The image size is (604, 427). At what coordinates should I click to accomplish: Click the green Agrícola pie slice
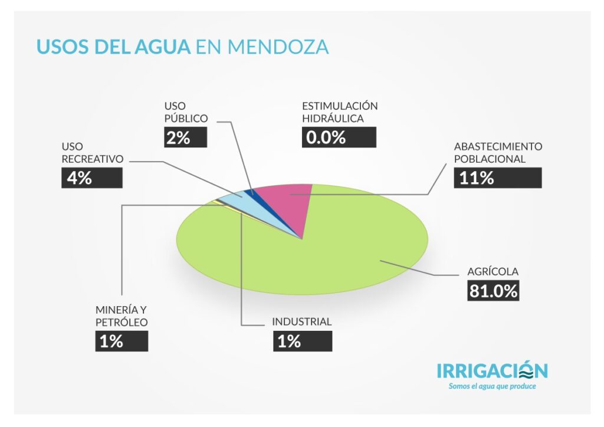pyautogui.click(x=330, y=254)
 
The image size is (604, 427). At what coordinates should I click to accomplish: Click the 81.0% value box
pyautogui.click(x=494, y=291)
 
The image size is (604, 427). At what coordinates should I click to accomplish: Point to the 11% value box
pyautogui.click(x=497, y=178)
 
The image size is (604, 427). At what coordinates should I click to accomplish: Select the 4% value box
pyautogui.click(x=91, y=178)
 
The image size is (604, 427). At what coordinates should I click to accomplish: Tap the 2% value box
pyautogui.click(x=185, y=137)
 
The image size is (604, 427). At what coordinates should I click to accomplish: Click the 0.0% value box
pyautogui.click(x=339, y=137)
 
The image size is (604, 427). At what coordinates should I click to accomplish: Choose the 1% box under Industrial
pyautogui.click(x=302, y=341)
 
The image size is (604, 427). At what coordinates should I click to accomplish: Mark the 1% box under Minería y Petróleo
pyautogui.click(x=122, y=341)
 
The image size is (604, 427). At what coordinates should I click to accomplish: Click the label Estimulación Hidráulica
pyautogui.click(x=340, y=112)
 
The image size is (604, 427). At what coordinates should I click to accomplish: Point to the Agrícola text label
pyautogui.click(x=493, y=272)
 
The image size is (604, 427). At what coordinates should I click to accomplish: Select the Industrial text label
pyautogui.click(x=301, y=322)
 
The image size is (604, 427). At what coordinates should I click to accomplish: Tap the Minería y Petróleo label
pyautogui.click(x=122, y=316)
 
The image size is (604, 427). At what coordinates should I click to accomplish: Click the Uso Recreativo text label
pyautogui.click(x=92, y=152)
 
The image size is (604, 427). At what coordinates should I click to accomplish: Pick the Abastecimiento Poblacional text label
pyautogui.click(x=498, y=152)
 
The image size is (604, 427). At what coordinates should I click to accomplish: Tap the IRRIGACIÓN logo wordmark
pyautogui.click(x=492, y=370)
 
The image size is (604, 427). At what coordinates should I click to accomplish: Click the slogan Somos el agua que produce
pyautogui.click(x=492, y=386)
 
